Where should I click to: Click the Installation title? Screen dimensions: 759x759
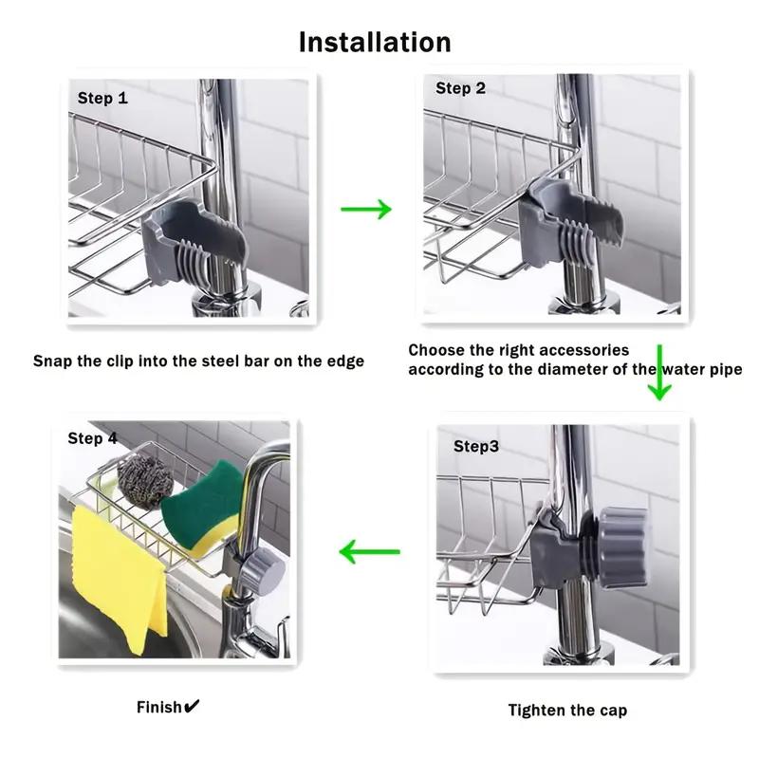(x=375, y=42)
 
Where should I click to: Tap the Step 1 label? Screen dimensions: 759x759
(x=102, y=99)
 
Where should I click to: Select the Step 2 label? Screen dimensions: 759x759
(x=460, y=88)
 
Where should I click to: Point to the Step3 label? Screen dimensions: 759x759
(x=476, y=446)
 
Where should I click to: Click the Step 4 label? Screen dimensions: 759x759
(x=92, y=438)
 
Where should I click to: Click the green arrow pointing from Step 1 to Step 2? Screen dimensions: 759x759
(x=366, y=209)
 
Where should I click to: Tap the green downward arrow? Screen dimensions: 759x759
(x=659, y=372)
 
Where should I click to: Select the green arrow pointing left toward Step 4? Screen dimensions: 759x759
(x=370, y=552)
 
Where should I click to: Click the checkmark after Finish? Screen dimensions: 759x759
(x=192, y=706)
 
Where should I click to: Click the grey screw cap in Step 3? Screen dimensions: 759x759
(x=623, y=547)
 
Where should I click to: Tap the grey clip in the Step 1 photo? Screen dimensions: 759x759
(x=193, y=242)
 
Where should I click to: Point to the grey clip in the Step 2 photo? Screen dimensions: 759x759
(x=568, y=224)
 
